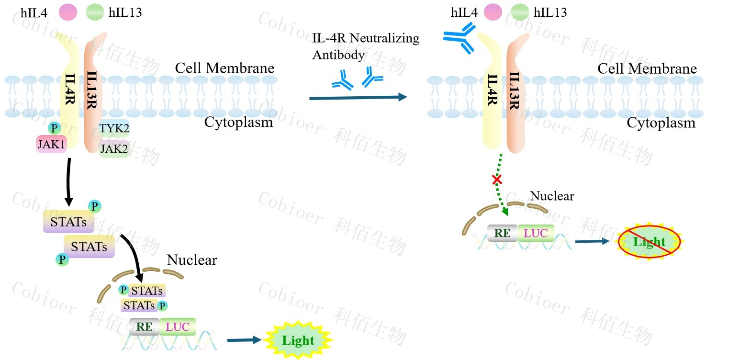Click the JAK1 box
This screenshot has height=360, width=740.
tap(51, 144)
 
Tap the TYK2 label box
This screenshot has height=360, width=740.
tap(114, 128)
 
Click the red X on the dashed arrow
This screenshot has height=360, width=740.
tap(497, 180)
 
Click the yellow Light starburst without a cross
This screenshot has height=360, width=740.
tap(298, 341)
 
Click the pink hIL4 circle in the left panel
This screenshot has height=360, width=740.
tap(68, 12)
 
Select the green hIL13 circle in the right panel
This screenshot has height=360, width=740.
tap(520, 12)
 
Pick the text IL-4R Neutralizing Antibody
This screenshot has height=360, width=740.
tap(366, 46)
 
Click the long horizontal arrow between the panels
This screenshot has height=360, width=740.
tap(358, 98)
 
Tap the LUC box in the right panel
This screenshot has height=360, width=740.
tap(536, 234)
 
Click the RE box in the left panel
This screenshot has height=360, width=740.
tap(144, 327)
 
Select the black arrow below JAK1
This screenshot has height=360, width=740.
tap(68, 180)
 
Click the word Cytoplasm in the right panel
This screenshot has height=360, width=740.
tap(661, 123)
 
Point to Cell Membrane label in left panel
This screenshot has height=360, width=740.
tap(224, 68)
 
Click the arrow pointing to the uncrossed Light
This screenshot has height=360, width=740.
tap(245, 340)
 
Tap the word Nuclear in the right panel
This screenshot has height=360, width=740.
tap(552, 196)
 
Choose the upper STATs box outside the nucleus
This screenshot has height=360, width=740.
tap(68, 222)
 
